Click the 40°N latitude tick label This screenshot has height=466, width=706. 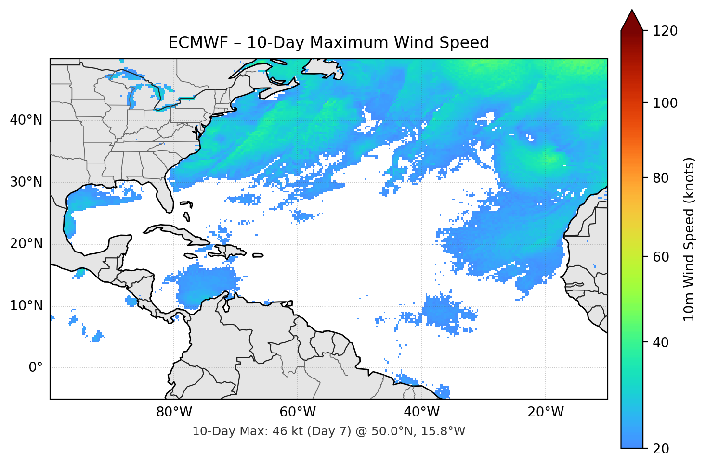(x=26, y=120)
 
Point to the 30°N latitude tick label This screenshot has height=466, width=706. (x=26, y=182)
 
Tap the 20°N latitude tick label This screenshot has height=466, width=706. (x=26, y=244)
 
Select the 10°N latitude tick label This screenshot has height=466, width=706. (x=26, y=306)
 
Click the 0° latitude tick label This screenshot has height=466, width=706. (x=36, y=368)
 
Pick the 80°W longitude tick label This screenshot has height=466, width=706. (x=174, y=412)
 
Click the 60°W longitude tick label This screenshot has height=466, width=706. (x=298, y=412)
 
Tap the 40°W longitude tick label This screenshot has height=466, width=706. (x=422, y=412)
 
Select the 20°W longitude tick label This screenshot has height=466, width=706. (x=546, y=412)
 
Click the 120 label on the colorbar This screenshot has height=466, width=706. (x=666, y=31)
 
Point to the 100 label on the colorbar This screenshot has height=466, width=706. (x=666, y=103)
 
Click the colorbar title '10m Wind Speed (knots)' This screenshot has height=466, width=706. (x=689, y=239)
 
